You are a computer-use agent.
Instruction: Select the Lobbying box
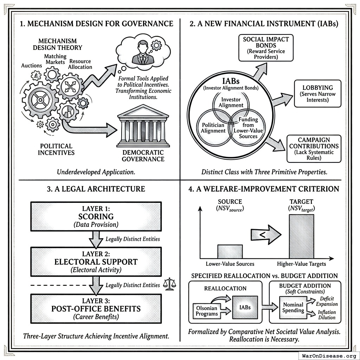[317, 94]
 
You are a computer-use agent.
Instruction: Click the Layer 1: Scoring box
[96, 215]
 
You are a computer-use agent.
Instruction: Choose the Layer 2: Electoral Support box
[96, 262]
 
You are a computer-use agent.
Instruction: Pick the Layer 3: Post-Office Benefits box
[96, 309]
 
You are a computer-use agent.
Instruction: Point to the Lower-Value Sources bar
[230, 251]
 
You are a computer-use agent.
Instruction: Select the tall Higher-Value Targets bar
[301, 236]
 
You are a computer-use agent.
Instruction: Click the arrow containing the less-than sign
[266, 234]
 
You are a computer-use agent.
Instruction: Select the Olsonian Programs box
[207, 310]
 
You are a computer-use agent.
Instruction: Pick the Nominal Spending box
[293, 307]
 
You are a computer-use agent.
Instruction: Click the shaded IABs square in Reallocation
[245, 307]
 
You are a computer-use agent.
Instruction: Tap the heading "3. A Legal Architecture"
[96, 189]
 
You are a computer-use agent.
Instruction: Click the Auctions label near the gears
[32, 66]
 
